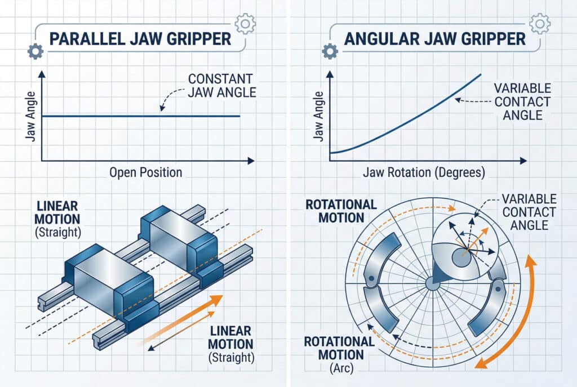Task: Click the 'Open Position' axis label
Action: point(145,172)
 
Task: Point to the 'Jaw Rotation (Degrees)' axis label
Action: point(428,173)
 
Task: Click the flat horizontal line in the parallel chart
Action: point(141,117)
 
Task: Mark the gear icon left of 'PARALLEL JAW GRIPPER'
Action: point(35,52)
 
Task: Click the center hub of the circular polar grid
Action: point(432,283)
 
